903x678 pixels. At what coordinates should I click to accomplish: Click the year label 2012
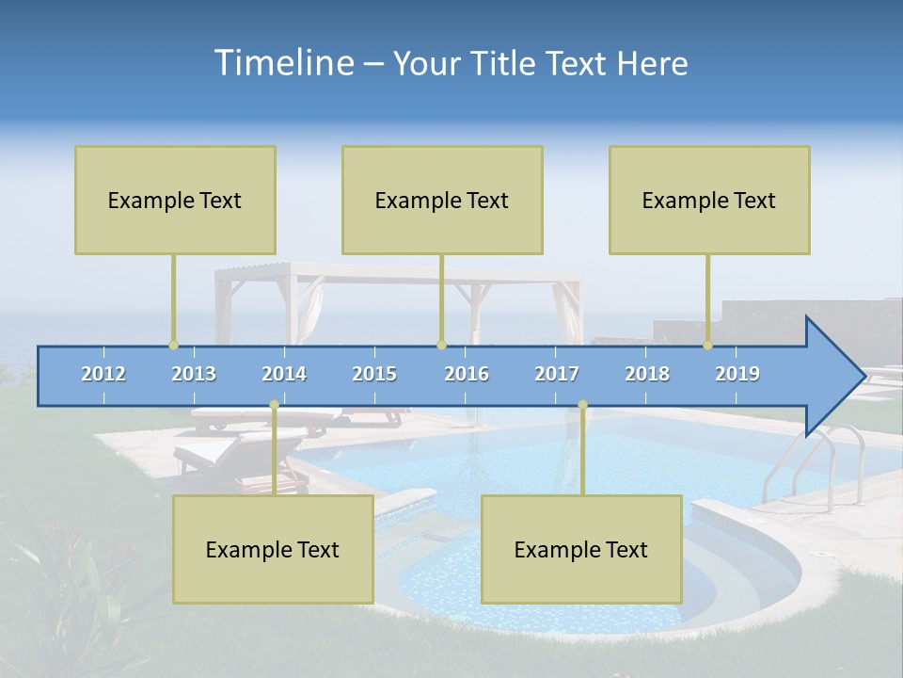coord(103,374)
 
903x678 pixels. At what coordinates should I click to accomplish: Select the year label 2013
coord(194,374)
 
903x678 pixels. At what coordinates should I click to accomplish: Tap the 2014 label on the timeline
coord(284,374)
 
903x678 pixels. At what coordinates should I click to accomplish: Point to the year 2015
coord(374,374)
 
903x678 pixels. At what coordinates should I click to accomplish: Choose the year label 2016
coord(467,374)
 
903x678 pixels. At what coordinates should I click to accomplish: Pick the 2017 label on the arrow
coord(557,374)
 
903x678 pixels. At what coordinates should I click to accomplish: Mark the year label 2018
coord(647,374)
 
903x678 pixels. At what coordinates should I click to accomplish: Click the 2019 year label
coord(737,374)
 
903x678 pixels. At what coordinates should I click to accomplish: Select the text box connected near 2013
coord(175,200)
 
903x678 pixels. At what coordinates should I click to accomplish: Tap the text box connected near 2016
coord(442,200)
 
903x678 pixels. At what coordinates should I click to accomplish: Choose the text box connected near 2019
coord(709,200)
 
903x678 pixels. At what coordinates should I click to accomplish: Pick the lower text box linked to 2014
coord(273,549)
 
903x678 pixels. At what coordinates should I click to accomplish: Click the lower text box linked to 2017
coord(581,549)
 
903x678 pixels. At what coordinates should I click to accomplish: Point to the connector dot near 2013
coord(173,345)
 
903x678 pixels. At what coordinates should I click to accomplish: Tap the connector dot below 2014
coord(274,405)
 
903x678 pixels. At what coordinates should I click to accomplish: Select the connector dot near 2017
coord(582,405)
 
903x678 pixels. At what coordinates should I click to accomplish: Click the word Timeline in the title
coord(282,62)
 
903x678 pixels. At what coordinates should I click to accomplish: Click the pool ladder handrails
coord(818,461)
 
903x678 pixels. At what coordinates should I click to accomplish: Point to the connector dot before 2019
coord(707,345)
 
